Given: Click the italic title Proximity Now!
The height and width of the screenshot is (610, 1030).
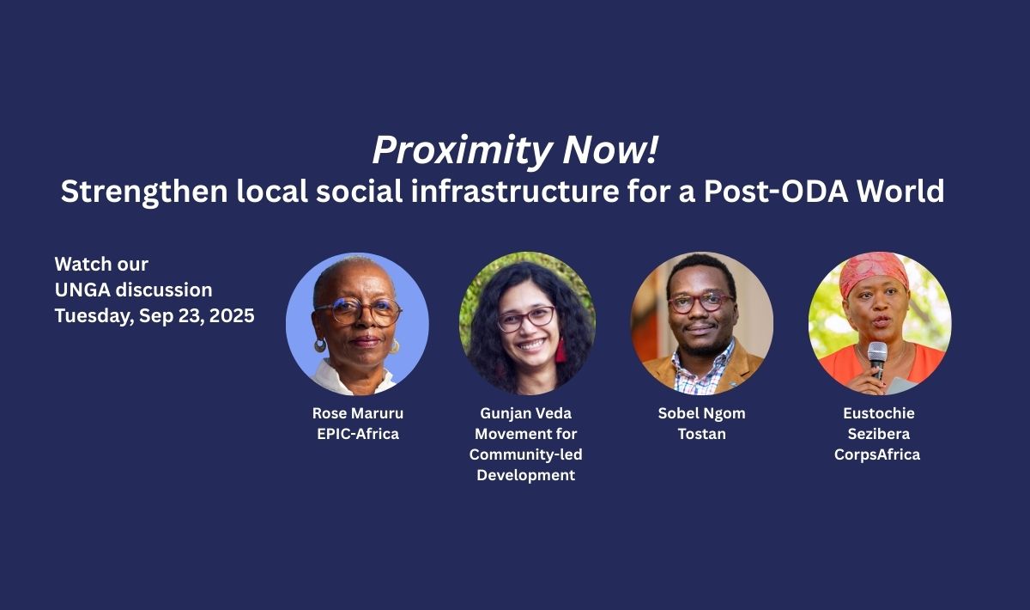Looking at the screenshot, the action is point(515,150).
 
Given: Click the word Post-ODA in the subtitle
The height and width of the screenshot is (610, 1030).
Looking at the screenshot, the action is point(776,191).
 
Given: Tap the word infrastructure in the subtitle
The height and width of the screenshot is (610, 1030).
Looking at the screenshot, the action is point(515,191).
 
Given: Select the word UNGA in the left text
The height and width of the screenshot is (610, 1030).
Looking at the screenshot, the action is point(82,290).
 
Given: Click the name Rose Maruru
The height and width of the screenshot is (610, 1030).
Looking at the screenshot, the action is point(358,413).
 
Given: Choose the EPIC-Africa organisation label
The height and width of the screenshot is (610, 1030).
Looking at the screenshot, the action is point(358,434).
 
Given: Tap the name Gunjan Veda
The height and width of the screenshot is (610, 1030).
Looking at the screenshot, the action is point(525,413).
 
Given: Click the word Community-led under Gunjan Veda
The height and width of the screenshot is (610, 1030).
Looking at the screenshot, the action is point(525,454).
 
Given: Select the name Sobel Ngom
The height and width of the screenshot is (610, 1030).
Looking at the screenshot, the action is point(702,413).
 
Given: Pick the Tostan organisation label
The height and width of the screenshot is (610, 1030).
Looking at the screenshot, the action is point(702,434).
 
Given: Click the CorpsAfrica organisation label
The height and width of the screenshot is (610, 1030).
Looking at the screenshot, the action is point(877,454).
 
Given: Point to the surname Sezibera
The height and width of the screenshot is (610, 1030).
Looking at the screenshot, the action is point(879,434).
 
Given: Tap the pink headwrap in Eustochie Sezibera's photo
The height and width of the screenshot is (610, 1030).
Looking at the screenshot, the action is point(873,272).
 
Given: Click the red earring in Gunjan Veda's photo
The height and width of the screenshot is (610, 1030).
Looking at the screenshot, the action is point(560,351).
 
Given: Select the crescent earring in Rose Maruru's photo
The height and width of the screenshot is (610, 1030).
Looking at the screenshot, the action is point(319,345).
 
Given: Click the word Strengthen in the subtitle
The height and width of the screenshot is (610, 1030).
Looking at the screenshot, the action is point(144,192).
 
